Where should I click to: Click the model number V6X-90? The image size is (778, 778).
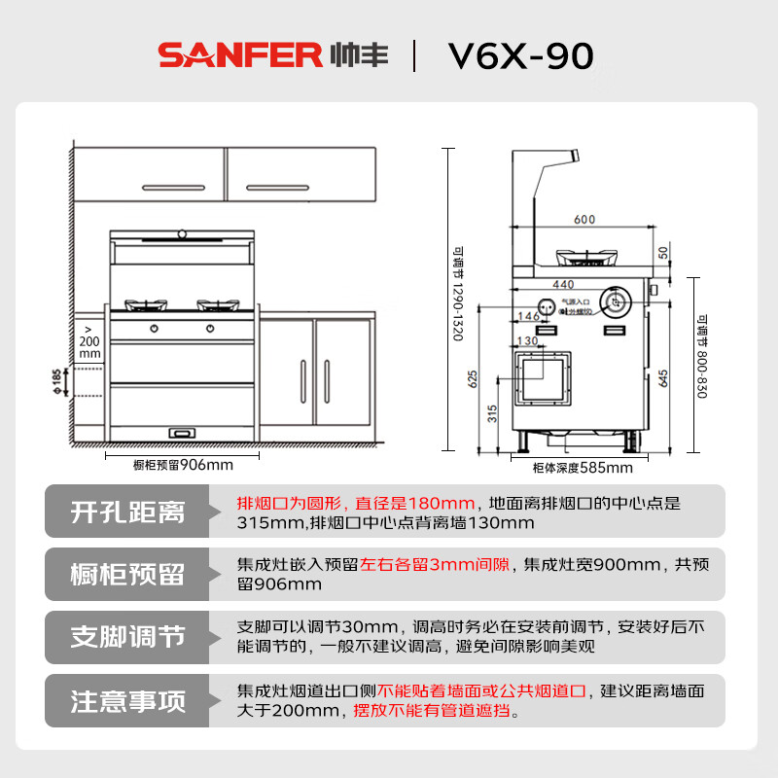point(520,56)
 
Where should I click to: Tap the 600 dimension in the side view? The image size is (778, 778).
point(583,220)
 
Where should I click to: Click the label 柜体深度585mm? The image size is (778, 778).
point(583,468)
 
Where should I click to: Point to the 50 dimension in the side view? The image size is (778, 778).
point(663,253)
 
